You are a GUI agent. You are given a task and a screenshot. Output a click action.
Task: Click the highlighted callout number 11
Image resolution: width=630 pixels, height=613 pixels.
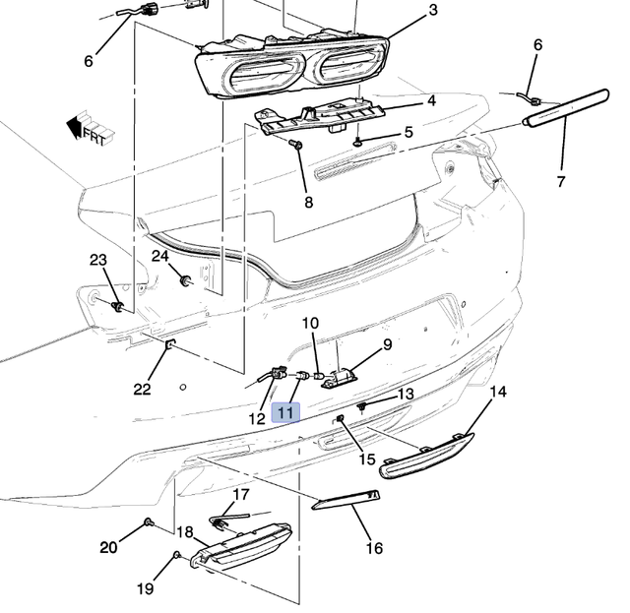click(x=285, y=413)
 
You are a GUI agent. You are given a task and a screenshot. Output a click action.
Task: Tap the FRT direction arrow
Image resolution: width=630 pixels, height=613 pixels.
click(x=86, y=129)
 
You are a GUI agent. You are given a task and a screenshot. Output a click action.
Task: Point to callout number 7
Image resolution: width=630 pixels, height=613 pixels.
click(x=562, y=181)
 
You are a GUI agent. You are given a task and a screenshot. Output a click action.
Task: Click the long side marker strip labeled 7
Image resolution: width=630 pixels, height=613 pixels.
click(x=565, y=107)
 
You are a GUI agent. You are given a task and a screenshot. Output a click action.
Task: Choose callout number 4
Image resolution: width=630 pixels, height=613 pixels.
click(x=430, y=100)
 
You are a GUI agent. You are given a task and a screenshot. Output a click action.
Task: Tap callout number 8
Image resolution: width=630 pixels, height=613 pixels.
click(x=308, y=203)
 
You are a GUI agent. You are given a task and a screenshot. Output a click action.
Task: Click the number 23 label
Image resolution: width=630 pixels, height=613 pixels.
click(x=97, y=260)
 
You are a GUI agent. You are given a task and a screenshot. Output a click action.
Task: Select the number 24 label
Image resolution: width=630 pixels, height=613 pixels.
click(x=160, y=257)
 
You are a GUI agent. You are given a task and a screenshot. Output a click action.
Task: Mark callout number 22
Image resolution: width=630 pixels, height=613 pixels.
click(x=142, y=389)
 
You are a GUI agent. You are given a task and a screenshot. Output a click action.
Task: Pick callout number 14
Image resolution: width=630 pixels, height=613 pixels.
click(x=498, y=392)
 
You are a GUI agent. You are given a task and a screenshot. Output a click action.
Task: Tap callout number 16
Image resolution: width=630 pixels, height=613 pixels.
click(x=374, y=548)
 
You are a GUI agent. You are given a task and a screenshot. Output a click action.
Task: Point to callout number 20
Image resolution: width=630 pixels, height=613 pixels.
click(x=108, y=546)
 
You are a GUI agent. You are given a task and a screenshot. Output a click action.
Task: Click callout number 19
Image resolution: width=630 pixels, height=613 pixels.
click(x=145, y=589)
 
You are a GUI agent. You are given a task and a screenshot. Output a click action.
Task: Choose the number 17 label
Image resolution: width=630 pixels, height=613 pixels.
click(x=241, y=494)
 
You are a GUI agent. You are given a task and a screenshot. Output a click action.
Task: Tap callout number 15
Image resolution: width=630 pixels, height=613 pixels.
click(x=366, y=459)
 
